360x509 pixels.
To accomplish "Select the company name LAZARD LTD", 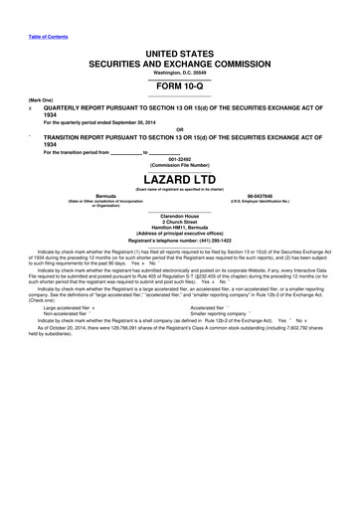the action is coord(180,180).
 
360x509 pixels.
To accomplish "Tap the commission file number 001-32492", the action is coord(180,158).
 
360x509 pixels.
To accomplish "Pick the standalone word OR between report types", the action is coord(180,129).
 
